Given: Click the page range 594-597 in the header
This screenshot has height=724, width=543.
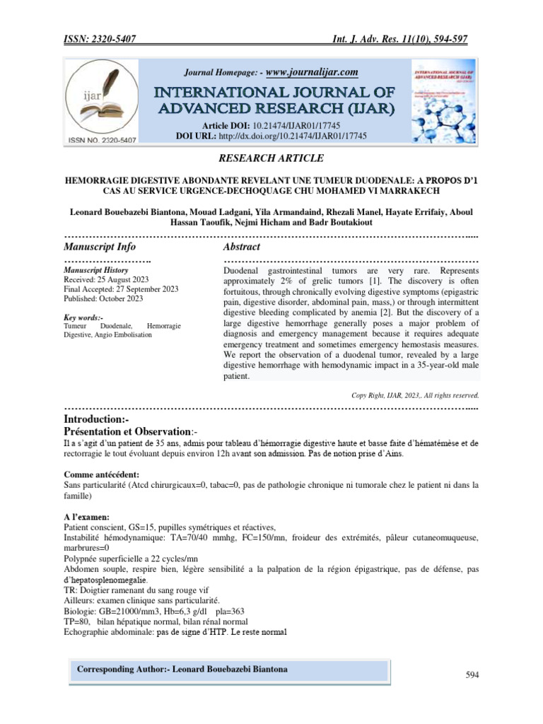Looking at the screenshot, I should click(x=447, y=39).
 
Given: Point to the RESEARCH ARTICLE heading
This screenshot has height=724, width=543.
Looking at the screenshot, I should click(x=271, y=158).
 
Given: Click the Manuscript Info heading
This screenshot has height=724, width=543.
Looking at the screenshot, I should click(x=100, y=247).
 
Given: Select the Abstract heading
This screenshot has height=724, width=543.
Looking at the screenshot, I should click(x=241, y=247).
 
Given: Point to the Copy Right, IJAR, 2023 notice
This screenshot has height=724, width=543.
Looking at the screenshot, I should click(x=416, y=395).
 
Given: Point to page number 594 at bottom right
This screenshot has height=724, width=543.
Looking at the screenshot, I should click(x=472, y=676).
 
